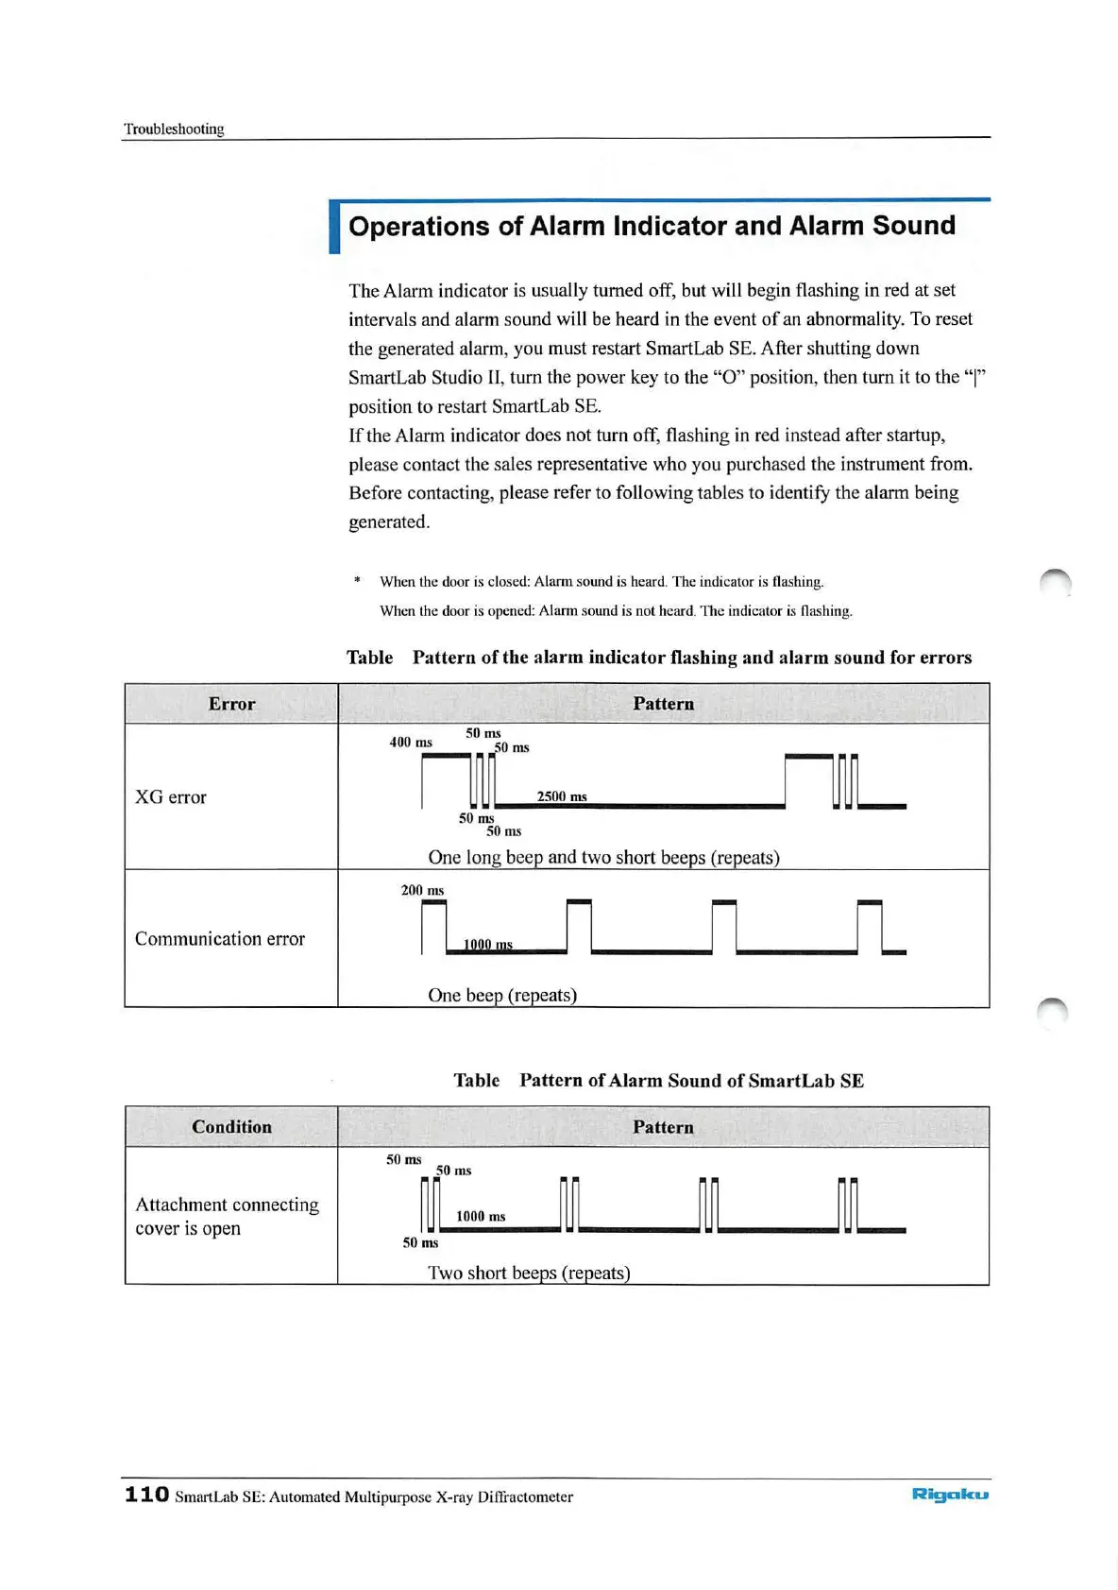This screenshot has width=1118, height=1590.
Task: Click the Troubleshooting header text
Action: click(174, 128)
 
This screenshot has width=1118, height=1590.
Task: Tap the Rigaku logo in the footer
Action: click(950, 1494)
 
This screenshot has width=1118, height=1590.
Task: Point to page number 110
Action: click(146, 1494)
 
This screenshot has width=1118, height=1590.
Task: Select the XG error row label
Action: click(170, 797)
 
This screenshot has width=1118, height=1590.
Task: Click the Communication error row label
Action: click(219, 939)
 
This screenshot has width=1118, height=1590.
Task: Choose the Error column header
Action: click(231, 704)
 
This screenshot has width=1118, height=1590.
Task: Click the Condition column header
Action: click(231, 1127)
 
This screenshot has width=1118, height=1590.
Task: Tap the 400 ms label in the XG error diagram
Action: click(411, 743)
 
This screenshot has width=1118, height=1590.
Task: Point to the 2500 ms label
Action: click(562, 796)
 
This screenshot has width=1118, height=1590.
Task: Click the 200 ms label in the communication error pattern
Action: click(422, 890)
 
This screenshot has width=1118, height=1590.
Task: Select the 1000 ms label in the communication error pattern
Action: click(487, 944)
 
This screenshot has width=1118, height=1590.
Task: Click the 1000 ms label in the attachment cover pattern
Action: click(481, 1216)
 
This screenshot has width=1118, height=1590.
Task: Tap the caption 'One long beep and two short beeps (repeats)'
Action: click(603, 858)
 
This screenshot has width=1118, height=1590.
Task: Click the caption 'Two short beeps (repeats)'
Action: click(529, 1273)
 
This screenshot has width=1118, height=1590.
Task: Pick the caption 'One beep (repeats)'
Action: click(502, 995)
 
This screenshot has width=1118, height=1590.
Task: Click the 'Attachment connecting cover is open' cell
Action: click(227, 1216)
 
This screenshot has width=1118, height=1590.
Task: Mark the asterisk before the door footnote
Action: click(357, 580)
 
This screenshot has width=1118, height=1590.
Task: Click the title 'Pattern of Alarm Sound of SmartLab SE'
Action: click(691, 1081)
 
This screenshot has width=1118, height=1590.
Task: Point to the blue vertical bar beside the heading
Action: click(334, 228)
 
